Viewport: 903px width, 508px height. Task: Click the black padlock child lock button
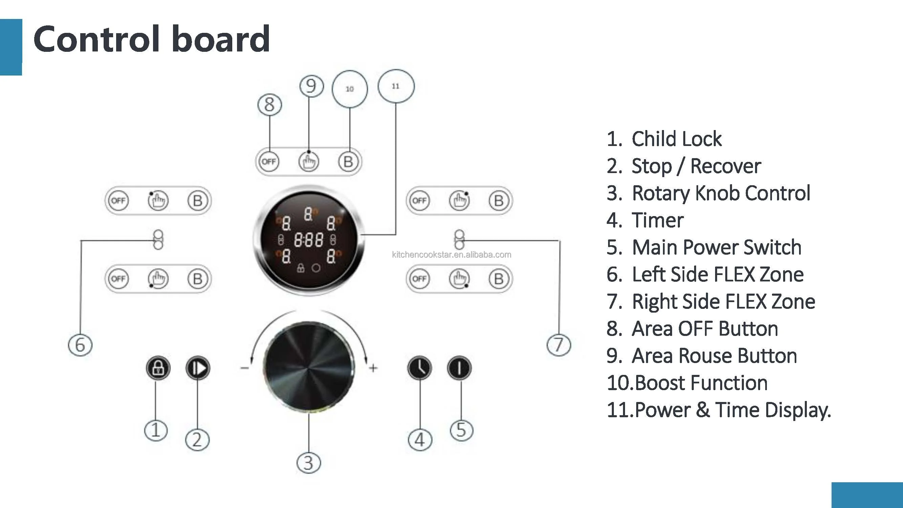(158, 368)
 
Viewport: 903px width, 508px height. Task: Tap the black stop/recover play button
(198, 368)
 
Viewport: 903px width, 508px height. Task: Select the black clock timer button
(420, 368)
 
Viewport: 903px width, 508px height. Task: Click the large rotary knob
(309, 367)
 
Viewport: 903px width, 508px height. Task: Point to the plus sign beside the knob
(373, 368)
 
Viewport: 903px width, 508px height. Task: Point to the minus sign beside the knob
(245, 368)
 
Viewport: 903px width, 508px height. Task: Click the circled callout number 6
(80, 345)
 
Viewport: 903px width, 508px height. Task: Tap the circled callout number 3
(308, 463)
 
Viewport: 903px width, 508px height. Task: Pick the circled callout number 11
(396, 86)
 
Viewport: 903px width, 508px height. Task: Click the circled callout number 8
(270, 104)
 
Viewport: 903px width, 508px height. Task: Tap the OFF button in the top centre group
(269, 162)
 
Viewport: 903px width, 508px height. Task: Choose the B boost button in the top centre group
(348, 162)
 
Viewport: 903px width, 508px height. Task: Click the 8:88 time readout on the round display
(308, 240)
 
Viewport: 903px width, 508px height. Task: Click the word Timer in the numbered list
(657, 220)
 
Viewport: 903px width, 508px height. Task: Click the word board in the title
(220, 39)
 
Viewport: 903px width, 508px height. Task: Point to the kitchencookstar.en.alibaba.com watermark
(452, 255)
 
